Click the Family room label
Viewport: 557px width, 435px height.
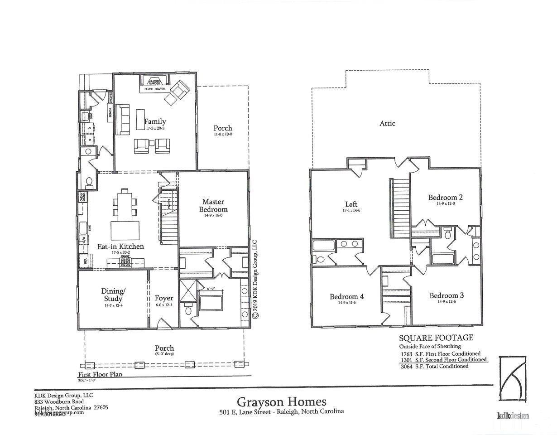(155, 121)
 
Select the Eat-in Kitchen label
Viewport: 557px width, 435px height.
(121, 246)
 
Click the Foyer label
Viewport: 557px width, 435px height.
(163, 298)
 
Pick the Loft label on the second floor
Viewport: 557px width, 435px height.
(351, 204)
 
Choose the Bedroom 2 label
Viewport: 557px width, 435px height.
(446, 198)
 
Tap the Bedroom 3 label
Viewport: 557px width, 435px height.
(446, 295)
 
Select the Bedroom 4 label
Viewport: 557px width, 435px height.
(347, 297)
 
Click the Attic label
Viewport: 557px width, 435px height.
(387, 123)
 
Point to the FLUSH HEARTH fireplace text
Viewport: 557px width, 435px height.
(154, 89)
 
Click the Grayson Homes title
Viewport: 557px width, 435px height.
(281, 401)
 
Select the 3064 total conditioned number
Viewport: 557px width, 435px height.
(407, 366)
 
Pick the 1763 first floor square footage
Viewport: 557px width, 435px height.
(407, 354)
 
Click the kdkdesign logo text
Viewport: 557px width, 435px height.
(513, 416)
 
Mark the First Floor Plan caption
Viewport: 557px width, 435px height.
(100, 375)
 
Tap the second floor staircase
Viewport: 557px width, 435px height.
(399, 208)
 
